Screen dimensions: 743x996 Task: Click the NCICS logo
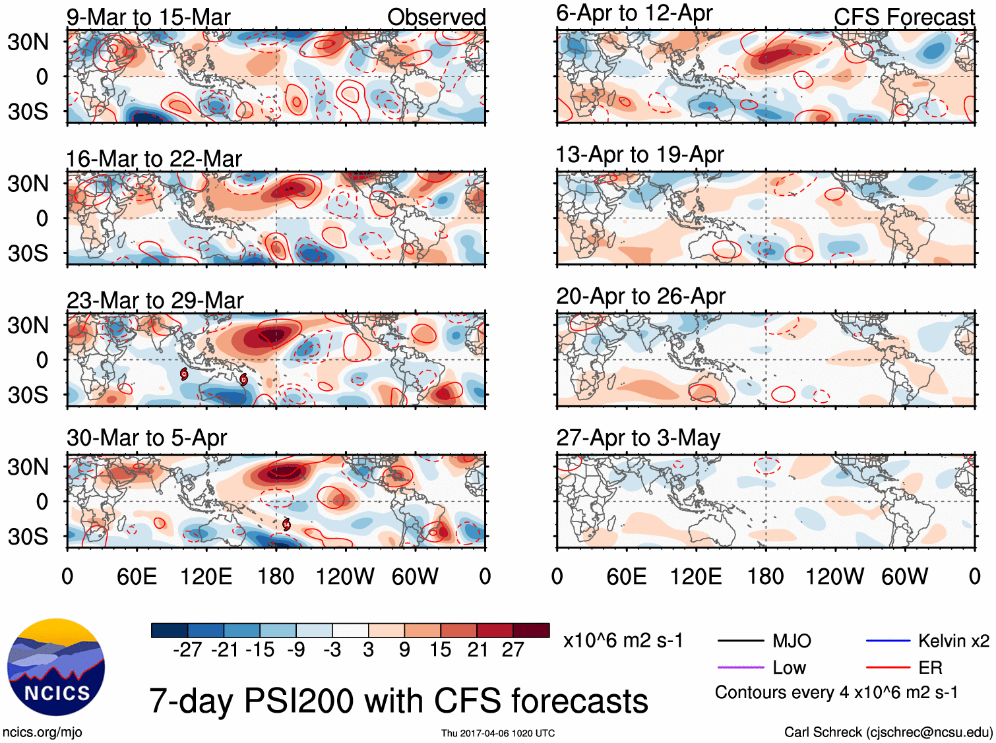[56, 667]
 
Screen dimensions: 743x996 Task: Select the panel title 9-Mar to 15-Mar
[148, 17]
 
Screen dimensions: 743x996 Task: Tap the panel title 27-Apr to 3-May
[638, 438]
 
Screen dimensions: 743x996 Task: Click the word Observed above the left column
[436, 17]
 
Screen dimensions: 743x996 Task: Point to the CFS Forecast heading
[904, 17]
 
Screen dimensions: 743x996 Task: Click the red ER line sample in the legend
[888, 668]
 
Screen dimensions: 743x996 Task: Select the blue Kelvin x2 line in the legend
[888, 641]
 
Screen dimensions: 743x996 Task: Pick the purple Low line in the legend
[741, 668]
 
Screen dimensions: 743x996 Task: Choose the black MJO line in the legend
[741, 641]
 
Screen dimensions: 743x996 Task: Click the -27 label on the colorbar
[187, 650]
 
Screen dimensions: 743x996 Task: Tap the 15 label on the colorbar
[440, 650]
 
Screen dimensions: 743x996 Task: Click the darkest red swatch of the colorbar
[531, 630]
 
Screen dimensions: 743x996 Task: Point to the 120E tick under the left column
[206, 577]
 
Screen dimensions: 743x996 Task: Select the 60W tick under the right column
[904, 577]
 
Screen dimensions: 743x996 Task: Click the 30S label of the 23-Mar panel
[28, 395]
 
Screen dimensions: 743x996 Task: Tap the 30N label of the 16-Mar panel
[28, 184]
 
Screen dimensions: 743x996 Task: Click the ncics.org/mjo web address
[42, 732]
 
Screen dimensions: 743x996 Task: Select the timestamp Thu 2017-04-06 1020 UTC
[498, 733]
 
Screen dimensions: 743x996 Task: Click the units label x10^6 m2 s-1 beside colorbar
[623, 641]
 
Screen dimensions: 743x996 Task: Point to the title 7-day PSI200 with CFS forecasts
[398, 701]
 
